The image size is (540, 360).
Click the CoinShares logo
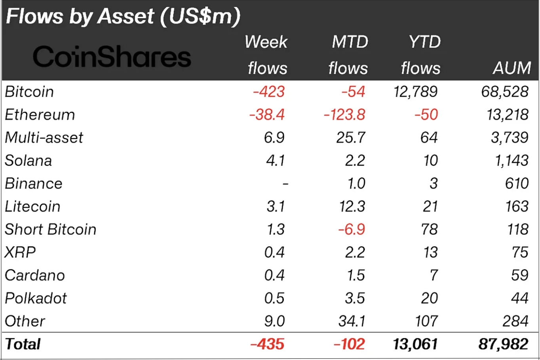(x=112, y=57)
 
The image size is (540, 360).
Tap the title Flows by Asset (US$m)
(x=123, y=17)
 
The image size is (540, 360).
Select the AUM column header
(x=511, y=68)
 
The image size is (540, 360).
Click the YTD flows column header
(x=421, y=55)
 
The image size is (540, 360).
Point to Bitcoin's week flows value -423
(x=269, y=92)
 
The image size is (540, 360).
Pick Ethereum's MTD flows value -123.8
(x=344, y=115)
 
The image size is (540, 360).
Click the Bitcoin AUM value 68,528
(x=505, y=92)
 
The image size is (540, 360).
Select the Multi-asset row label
(x=44, y=138)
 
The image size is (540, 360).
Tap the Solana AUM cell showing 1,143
(x=511, y=161)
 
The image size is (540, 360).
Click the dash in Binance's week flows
(x=285, y=184)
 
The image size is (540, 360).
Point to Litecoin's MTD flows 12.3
(x=351, y=207)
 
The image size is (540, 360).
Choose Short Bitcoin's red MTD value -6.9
(x=352, y=230)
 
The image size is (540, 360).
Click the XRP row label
(x=20, y=253)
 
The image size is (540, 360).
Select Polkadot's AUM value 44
(x=519, y=298)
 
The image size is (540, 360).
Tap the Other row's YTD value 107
(x=426, y=321)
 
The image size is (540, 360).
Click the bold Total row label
(x=23, y=344)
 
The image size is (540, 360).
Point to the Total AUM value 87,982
(x=503, y=344)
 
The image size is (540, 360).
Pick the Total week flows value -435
(x=267, y=344)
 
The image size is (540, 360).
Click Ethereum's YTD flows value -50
(x=426, y=115)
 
